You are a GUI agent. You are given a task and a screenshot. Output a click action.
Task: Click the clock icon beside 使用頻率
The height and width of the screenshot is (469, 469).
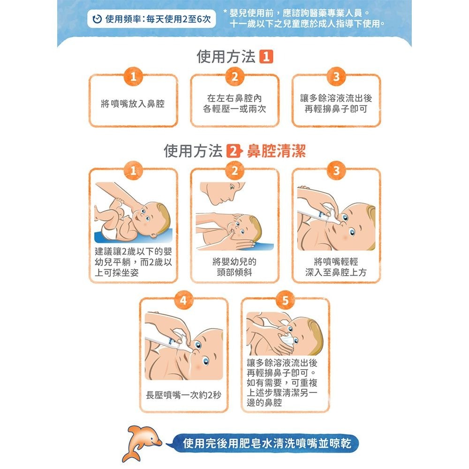click(x=97, y=20)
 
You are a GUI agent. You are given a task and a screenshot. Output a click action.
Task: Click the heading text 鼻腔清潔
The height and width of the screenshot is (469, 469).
click(x=276, y=151)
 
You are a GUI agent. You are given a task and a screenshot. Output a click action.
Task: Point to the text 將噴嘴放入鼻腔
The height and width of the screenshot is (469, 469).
click(x=133, y=104)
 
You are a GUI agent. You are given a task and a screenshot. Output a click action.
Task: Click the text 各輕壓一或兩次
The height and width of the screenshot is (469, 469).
click(x=234, y=109)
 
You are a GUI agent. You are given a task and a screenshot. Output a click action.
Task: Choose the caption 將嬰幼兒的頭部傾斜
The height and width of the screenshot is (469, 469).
click(x=234, y=267)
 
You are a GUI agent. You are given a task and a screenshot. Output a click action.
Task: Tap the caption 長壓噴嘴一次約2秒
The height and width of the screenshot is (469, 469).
click(x=183, y=395)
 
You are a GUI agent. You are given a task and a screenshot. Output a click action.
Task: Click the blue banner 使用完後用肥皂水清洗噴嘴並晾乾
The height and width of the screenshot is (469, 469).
click(x=265, y=442)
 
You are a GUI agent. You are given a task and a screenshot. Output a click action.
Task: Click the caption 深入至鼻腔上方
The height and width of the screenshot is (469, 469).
click(x=336, y=272)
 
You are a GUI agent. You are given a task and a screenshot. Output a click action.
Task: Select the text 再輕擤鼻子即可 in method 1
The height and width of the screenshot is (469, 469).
click(x=336, y=109)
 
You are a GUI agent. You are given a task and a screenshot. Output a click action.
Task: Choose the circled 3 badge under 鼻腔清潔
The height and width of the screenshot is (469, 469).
click(x=336, y=171)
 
